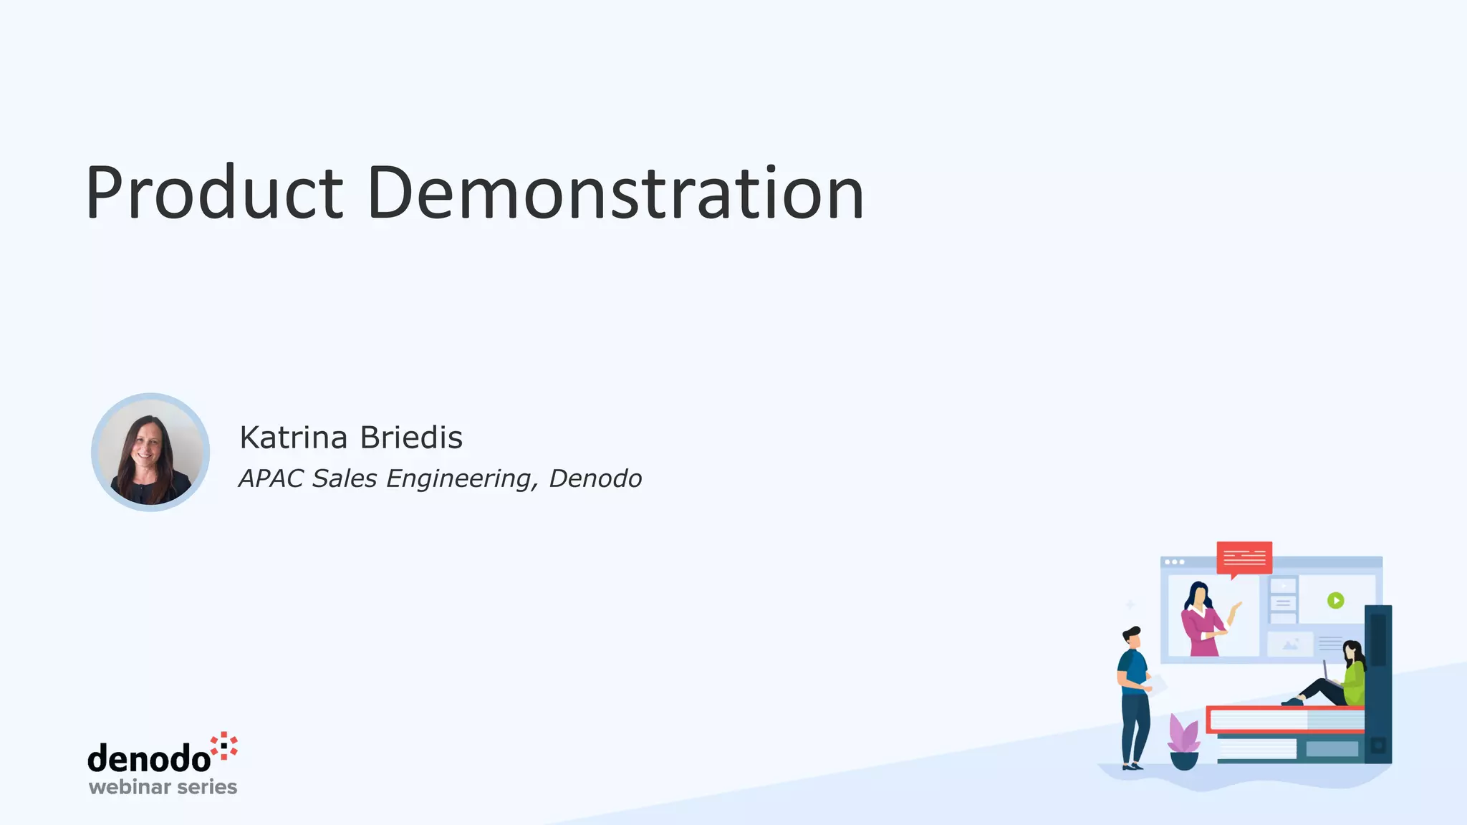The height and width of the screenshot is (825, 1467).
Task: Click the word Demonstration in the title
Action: click(x=615, y=193)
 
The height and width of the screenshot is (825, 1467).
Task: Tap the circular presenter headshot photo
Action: click(x=150, y=453)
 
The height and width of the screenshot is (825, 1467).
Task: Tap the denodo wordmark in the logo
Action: click(x=149, y=758)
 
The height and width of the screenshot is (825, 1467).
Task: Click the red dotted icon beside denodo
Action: click(x=225, y=746)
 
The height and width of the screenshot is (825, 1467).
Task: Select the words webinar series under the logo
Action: click(x=163, y=787)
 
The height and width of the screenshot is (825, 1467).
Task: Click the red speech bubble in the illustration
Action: click(x=1244, y=558)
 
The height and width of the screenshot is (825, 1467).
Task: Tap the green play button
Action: click(x=1335, y=600)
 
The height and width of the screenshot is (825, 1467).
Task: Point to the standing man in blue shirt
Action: click(x=1134, y=698)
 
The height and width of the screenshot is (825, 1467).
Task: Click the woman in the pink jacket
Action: click(x=1204, y=622)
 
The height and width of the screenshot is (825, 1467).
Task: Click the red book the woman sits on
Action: click(x=1284, y=719)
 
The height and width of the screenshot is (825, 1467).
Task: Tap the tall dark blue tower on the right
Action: click(x=1377, y=684)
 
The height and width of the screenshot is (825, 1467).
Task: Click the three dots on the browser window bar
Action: click(x=1174, y=562)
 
